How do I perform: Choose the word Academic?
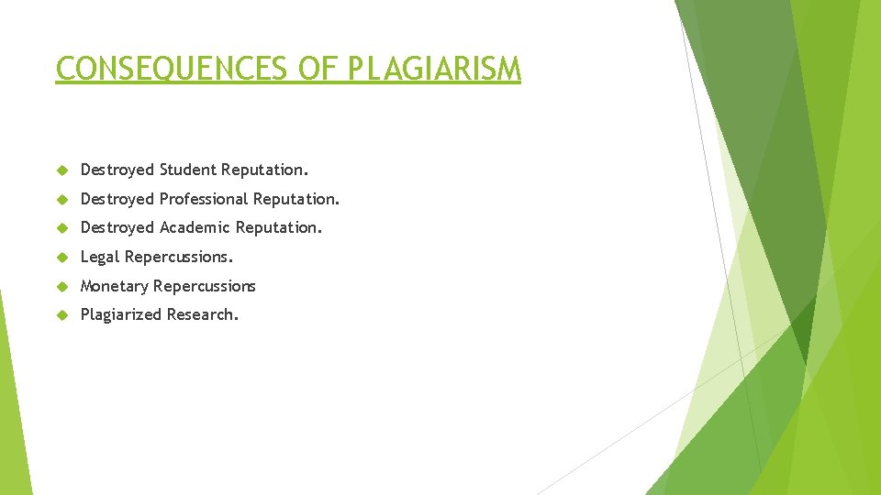(195, 227)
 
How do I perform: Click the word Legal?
(100, 257)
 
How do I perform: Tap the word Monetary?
(115, 286)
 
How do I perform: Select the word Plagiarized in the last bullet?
(121, 314)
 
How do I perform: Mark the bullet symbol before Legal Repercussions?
(62, 258)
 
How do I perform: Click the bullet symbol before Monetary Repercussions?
(62, 286)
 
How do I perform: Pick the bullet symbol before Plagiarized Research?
(62, 315)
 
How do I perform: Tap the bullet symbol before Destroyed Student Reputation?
(62, 170)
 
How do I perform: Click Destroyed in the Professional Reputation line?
(117, 199)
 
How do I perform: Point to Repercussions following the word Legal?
(179, 257)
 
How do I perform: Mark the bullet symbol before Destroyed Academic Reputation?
(62, 228)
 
